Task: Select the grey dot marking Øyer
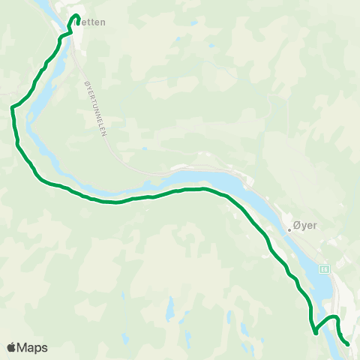pos(289,230)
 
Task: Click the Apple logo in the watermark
pos(11,347)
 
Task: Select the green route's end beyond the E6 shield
pos(348,343)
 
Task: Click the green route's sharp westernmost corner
pos(12,108)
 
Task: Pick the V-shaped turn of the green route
pos(316,333)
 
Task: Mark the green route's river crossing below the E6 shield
pos(324,323)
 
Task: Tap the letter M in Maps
pos(23,347)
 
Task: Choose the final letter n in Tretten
pos(103,22)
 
